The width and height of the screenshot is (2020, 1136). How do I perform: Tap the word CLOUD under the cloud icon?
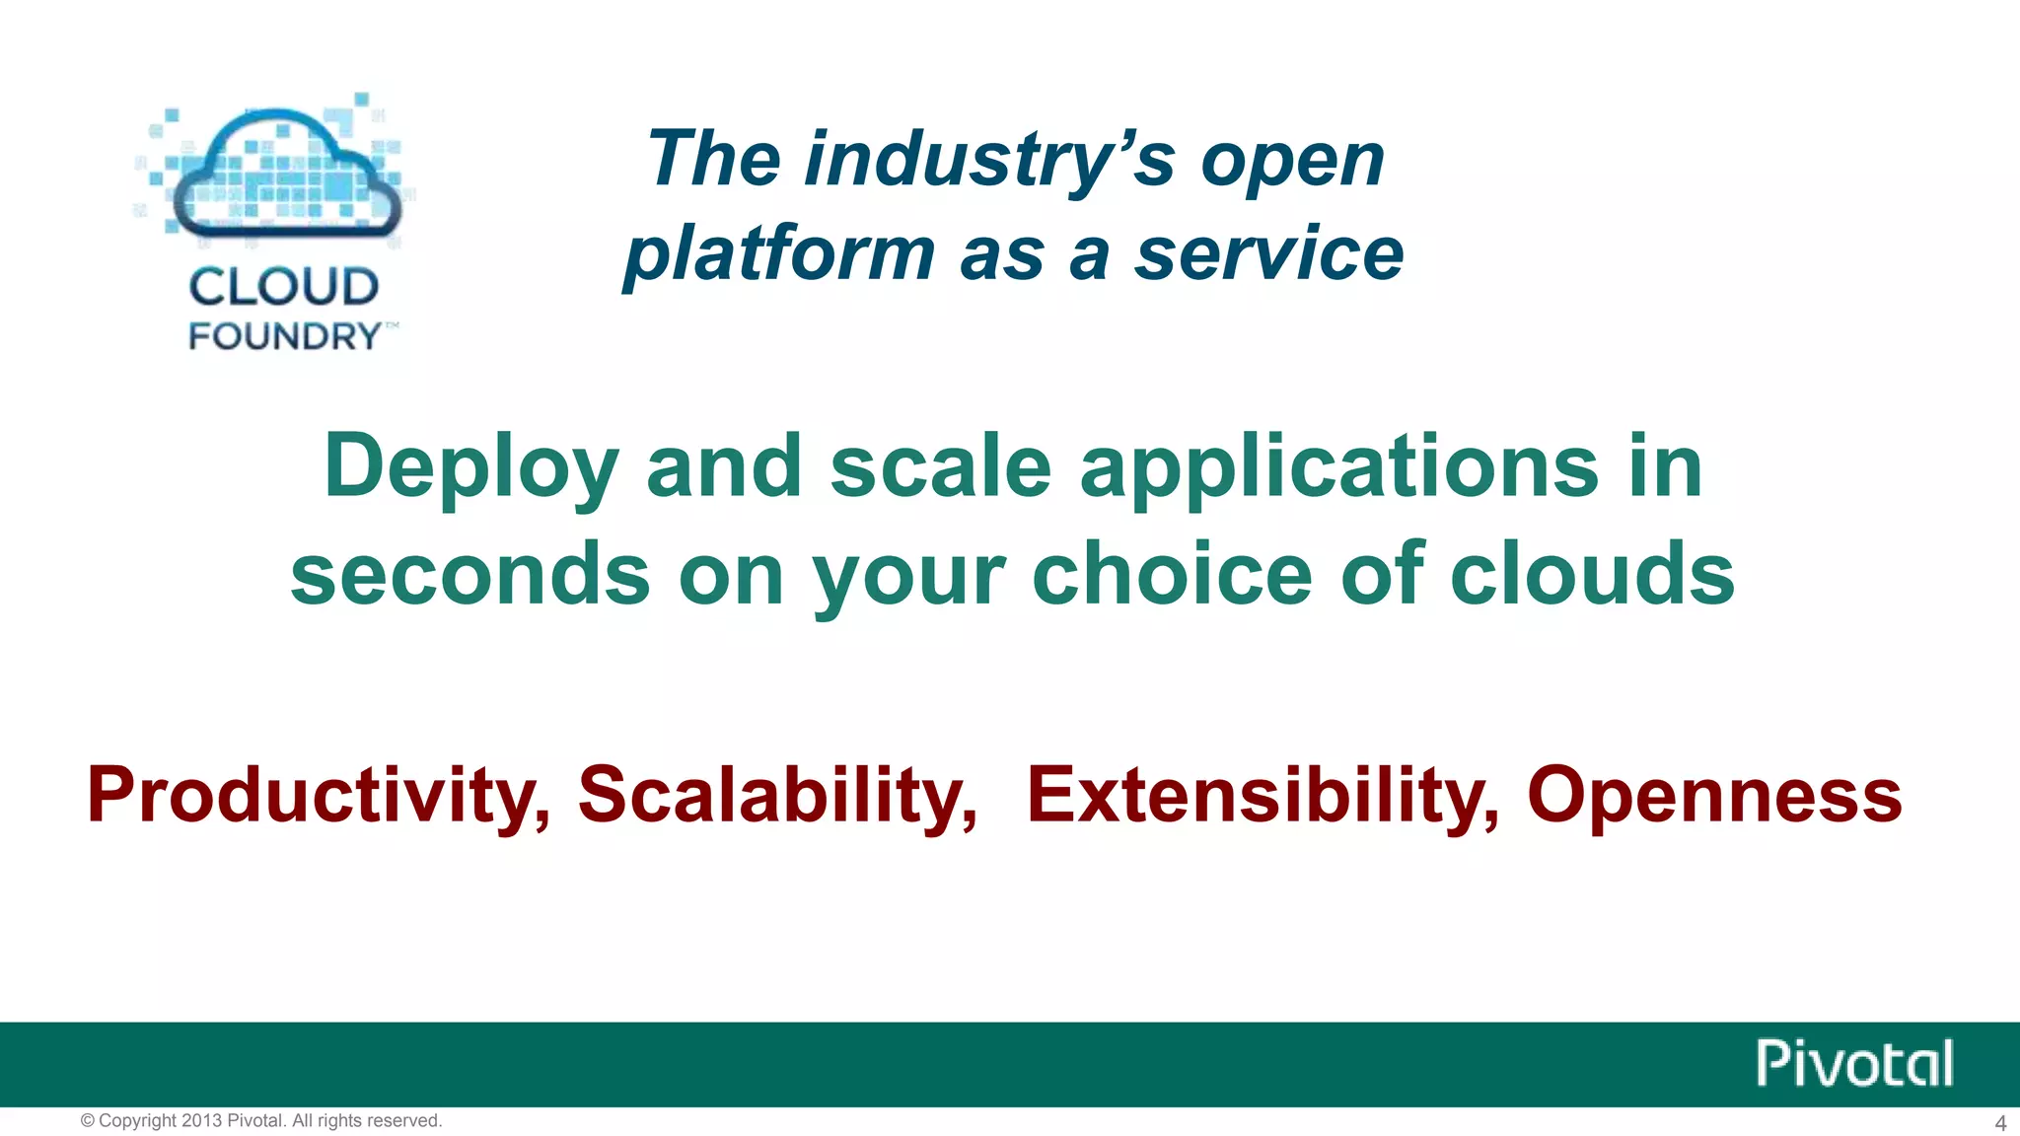pos(284,287)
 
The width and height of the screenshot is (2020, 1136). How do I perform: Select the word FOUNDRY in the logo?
pos(284,336)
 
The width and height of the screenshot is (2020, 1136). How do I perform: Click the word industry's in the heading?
pos(989,160)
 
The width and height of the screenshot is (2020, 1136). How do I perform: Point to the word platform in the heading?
pos(779,253)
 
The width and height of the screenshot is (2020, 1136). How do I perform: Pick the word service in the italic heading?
pos(1268,253)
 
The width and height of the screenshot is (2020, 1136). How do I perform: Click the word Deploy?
pos(471,467)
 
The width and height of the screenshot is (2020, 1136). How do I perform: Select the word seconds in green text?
pos(469,574)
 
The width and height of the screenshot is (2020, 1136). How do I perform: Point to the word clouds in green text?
pos(1592,574)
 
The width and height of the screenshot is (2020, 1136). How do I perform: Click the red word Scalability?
pos(776,795)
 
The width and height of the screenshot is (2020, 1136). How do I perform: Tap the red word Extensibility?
pos(1262,795)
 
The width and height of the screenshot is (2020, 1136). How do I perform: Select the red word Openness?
pos(1713,795)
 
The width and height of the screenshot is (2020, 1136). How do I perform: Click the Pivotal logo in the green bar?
pos(1853,1063)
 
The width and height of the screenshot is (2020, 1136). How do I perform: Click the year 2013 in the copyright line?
pos(202,1121)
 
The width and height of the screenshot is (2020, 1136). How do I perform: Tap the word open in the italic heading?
pos(1292,160)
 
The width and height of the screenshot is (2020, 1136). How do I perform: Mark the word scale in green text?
pos(940,467)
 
